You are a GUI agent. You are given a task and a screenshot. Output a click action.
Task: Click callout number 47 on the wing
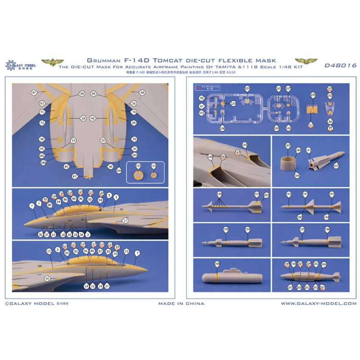pyautogui.click(x=34, y=92)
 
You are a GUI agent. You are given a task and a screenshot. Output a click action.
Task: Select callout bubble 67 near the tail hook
pyautogui.click(x=75, y=176)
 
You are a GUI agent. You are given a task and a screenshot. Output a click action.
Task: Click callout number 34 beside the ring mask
pyautogui.click(x=42, y=139)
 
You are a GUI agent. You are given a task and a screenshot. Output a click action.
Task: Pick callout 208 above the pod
pyautogui.click(x=217, y=263)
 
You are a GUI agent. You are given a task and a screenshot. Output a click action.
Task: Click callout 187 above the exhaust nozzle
pyautogui.click(x=288, y=145)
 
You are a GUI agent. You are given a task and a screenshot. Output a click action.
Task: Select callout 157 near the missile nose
pyautogui.click(x=336, y=166)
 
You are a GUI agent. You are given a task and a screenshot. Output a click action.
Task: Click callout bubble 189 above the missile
pyautogui.click(x=219, y=194)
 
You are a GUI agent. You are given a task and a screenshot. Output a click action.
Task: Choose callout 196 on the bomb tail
pyautogui.click(x=327, y=229)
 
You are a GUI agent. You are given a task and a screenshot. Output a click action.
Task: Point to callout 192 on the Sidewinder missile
pyautogui.click(x=289, y=194)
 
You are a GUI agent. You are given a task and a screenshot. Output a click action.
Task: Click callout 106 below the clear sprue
pyautogui.click(x=222, y=127)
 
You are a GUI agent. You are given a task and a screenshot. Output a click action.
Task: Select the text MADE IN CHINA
pyautogui.click(x=181, y=303)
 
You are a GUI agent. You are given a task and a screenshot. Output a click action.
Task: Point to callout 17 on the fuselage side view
pyautogui.click(x=125, y=221)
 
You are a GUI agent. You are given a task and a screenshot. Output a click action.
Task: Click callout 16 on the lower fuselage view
pyautogui.click(x=47, y=278)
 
